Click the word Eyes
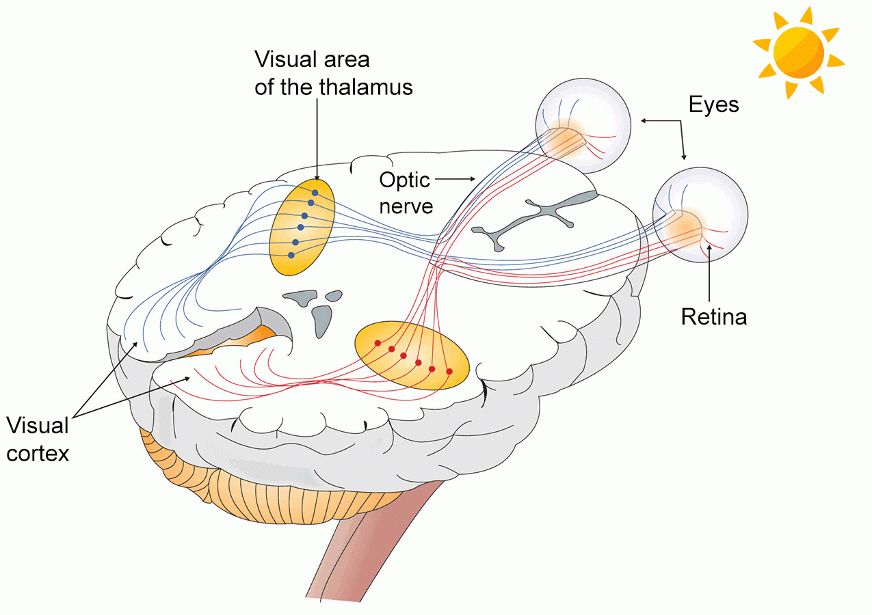[713, 104]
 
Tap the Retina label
[713, 316]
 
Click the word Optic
[405, 180]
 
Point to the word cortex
[38, 452]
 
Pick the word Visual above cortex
[38, 426]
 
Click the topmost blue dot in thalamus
[315, 193]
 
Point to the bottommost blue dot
[291, 255]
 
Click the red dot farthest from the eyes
[377, 342]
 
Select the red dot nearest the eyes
[449, 371]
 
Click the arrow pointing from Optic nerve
[455, 179]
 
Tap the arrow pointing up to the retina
[711, 273]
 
